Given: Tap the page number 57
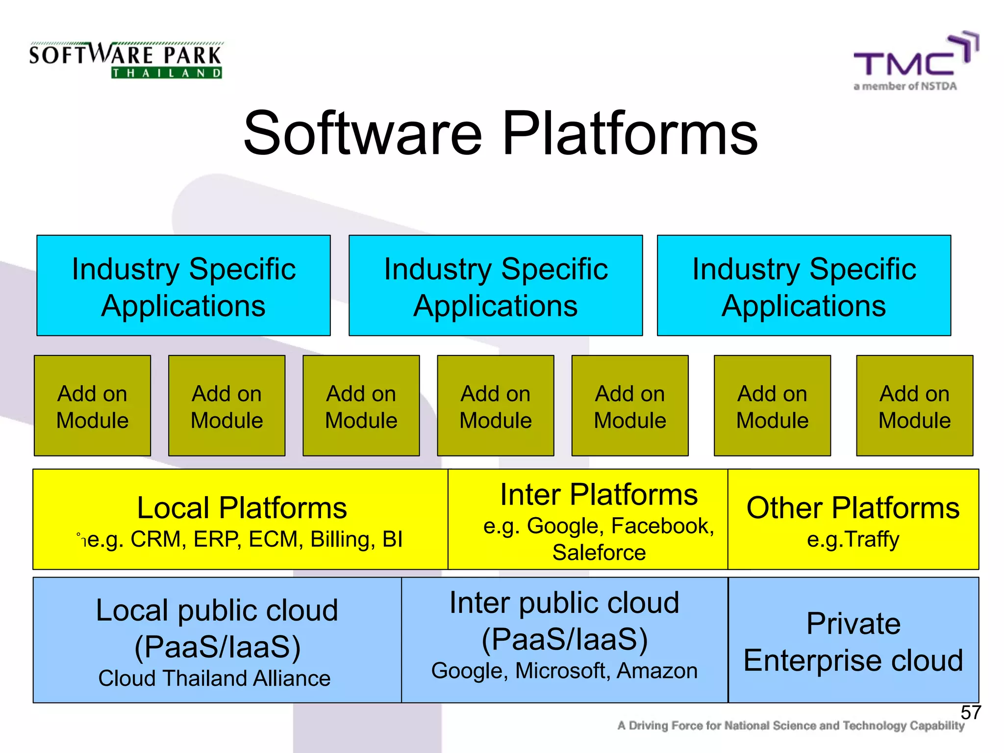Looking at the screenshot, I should [x=970, y=712].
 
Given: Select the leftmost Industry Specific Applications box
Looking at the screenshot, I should [x=183, y=286].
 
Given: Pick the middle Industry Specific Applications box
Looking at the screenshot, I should [x=496, y=286].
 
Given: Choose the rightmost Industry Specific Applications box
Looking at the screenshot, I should [x=804, y=286].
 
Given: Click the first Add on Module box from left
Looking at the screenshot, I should [x=92, y=406].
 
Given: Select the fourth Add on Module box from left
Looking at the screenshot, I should [x=496, y=406].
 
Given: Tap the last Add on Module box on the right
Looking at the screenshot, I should [x=914, y=406].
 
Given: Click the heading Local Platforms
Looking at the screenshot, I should [x=242, y=508].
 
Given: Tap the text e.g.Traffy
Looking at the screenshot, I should [x=853, y=539].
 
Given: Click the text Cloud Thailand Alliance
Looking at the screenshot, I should [x=214, y=678].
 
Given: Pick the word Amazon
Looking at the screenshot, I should [x=657, y=671].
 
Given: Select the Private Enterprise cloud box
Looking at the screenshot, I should [x=853, y=640].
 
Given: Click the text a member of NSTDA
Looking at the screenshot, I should [x=905, y=86].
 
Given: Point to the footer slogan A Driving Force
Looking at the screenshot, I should [x=790, y=726].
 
